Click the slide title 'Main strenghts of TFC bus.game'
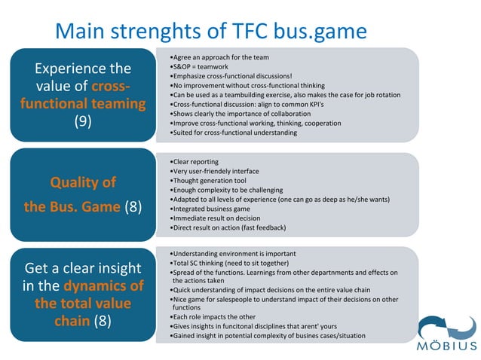pos(211,30)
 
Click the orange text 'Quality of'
pos(83,182)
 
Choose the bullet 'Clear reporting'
pos(195,162)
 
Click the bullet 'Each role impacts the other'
pos(214,317)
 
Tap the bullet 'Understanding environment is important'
pos(233,253)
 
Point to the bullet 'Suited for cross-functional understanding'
pos(234,133)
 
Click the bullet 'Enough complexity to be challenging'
pos(228,190)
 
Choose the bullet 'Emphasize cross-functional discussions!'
pos(231,76)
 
